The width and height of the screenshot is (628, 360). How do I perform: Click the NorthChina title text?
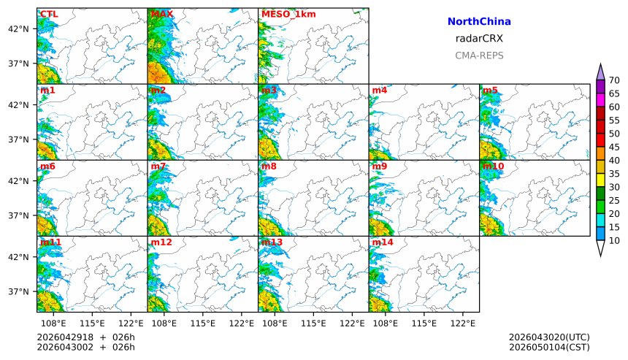478,22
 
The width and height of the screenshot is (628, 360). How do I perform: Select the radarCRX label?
478,39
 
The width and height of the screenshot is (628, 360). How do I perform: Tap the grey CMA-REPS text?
478,55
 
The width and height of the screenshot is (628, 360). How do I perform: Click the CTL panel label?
49,14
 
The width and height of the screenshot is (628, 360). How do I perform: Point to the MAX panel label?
161,14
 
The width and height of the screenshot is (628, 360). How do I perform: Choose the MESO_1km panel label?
284,14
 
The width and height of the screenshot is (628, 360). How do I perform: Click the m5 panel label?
489,91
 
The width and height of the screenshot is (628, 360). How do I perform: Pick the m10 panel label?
493,166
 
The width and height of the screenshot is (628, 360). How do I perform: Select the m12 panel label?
161,242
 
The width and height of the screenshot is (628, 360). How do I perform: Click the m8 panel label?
269,166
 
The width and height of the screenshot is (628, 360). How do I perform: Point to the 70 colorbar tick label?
614,80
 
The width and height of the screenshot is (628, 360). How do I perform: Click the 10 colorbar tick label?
614,240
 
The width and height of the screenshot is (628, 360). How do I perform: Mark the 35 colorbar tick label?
614,174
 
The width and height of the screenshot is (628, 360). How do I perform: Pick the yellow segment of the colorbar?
600,180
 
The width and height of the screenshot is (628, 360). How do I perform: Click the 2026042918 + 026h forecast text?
86,337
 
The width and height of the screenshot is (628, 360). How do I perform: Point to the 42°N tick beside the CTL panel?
18,28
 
